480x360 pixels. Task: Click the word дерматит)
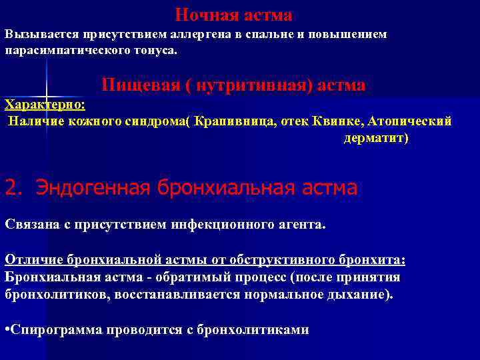pos(376,138)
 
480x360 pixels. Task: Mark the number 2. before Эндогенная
pos(13,188)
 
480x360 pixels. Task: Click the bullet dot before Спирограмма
pos(7,329)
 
